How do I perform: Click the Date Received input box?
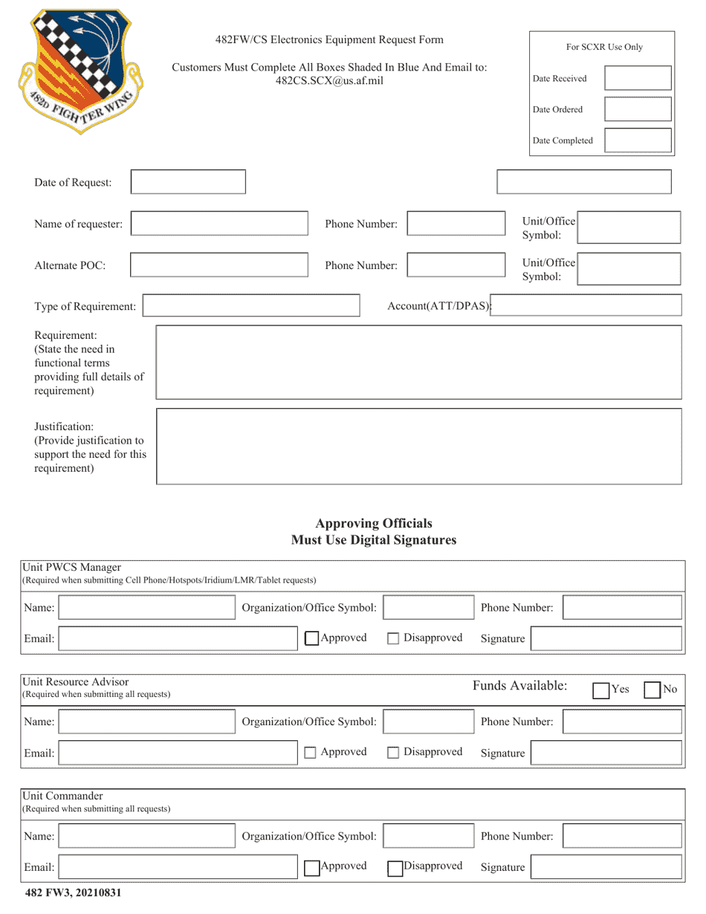[638, 78]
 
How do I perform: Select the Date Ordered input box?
[638, 109]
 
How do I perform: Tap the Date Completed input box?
[638, 140]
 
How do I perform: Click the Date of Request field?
[188, 183]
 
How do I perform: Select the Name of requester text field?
[219, 224]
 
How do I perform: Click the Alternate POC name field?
[219, 265]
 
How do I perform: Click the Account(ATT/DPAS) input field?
[587, 305]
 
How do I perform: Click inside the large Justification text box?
[419, 446]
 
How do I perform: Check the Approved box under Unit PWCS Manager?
[313, 638]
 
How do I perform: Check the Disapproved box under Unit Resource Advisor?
[394, 753]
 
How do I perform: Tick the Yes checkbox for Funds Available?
[601, 690]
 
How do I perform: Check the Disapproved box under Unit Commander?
[395, 867]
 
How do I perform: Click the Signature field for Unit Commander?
[606, 867]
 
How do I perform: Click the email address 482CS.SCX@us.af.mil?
[329, 80]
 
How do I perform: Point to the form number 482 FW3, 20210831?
[73, 893]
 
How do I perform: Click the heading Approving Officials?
[373, 524]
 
